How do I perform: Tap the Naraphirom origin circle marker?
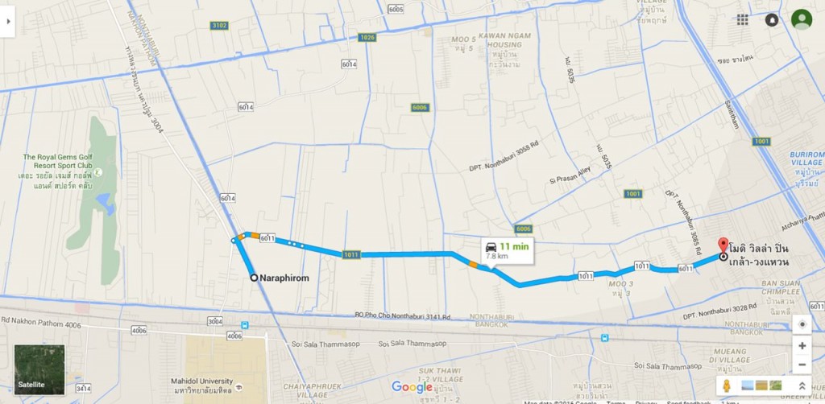254,278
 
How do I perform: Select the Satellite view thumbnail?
39,369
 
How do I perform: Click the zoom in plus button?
802,345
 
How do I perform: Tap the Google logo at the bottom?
412,387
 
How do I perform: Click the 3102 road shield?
219,26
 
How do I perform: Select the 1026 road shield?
367,37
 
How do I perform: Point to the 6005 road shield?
395,10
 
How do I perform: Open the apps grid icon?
742,19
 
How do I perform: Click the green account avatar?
801,19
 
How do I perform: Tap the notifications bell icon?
771,19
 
